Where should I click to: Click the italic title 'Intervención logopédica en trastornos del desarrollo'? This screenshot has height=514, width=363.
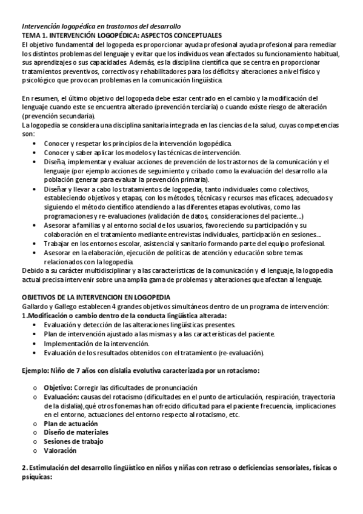[101, 27]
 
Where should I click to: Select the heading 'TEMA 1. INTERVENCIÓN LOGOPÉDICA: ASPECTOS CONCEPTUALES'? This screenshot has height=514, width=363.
[121, 36]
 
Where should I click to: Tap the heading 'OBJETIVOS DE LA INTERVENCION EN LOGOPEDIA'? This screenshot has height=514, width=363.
[96, 297]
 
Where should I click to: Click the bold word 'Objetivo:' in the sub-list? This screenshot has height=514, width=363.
[60, 387]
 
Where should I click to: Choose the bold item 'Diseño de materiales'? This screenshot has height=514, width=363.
[76, 432]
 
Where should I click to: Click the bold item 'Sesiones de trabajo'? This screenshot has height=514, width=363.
[73, 441]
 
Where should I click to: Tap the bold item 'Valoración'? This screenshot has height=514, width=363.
[60, 450]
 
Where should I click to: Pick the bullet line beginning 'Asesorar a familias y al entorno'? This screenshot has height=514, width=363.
[182, 225]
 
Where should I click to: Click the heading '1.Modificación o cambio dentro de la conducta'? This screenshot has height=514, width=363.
[124, 316]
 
